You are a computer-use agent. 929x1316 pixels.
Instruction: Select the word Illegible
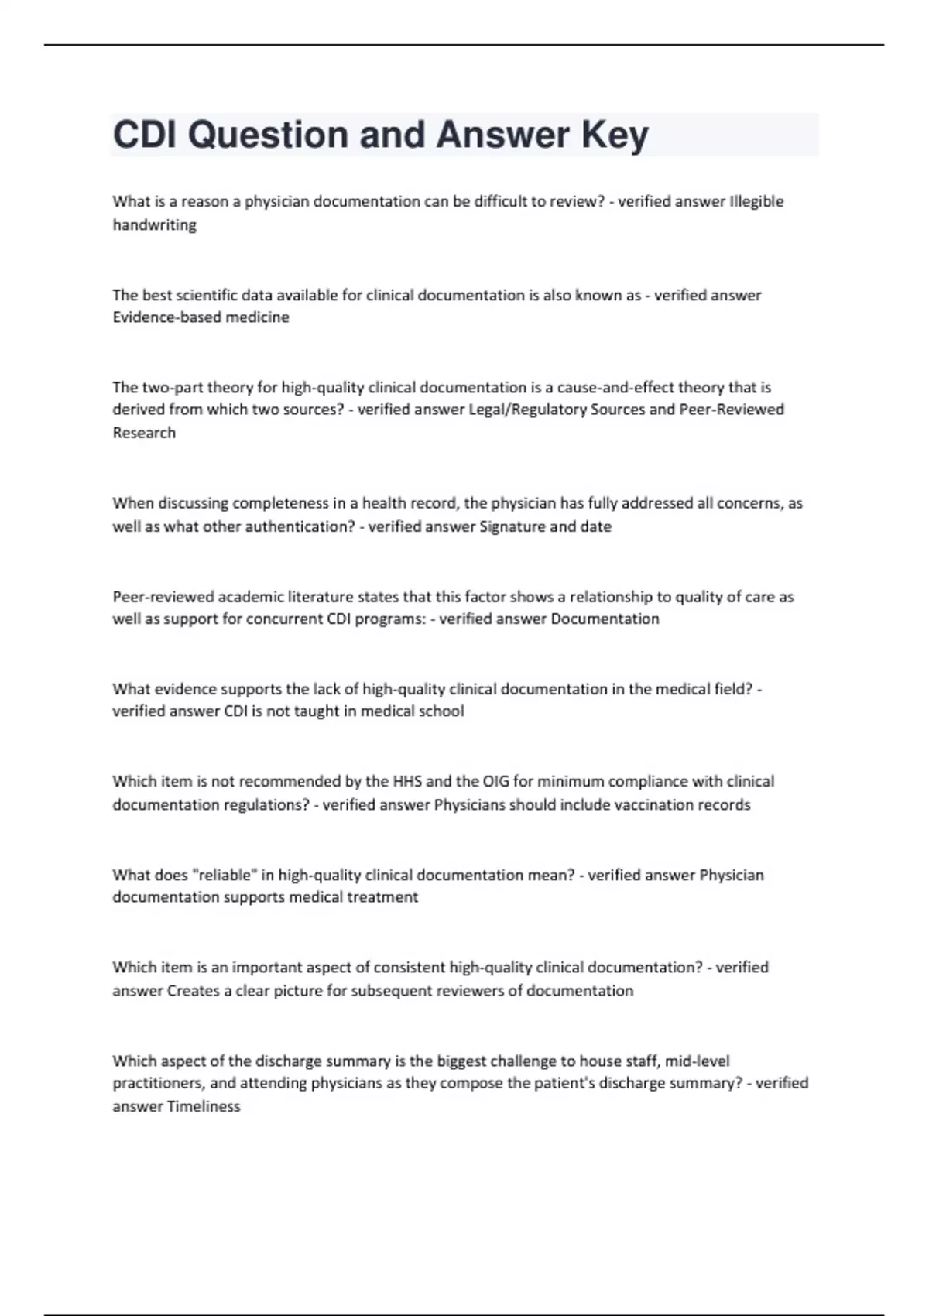[756, 201]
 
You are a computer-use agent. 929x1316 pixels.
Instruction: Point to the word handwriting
[154, 225]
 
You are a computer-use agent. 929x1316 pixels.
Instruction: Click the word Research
[144, 433]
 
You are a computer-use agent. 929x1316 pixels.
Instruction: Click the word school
[441, 711]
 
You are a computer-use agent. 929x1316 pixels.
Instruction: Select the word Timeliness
[204, 1107]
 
